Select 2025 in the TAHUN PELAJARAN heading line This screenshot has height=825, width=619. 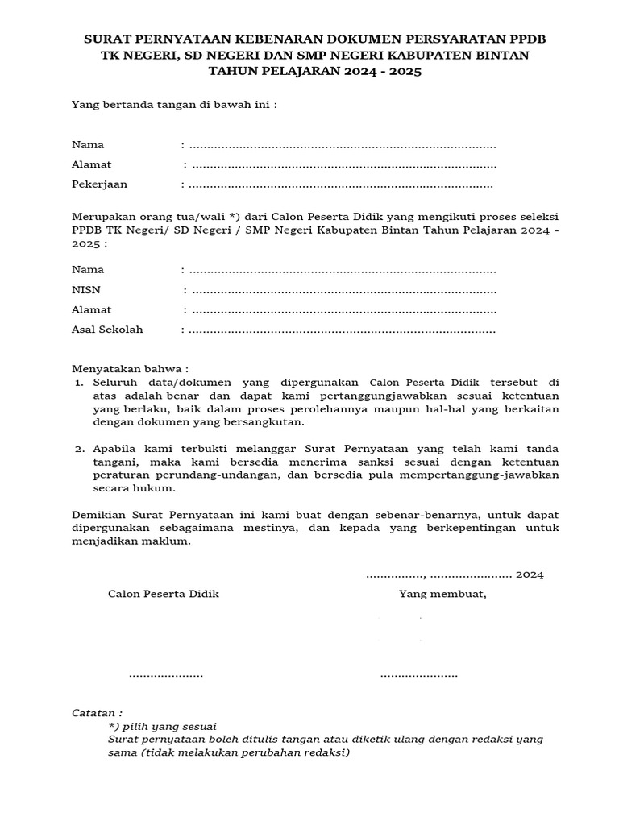(406, 71)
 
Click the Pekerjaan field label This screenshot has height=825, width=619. (99, 184)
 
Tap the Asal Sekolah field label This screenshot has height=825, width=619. (107, 330)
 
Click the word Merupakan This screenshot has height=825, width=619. (101, 218)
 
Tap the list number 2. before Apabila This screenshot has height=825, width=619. (80, 448)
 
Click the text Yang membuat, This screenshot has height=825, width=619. (442, 594)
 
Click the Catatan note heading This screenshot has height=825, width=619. (97, 713)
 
